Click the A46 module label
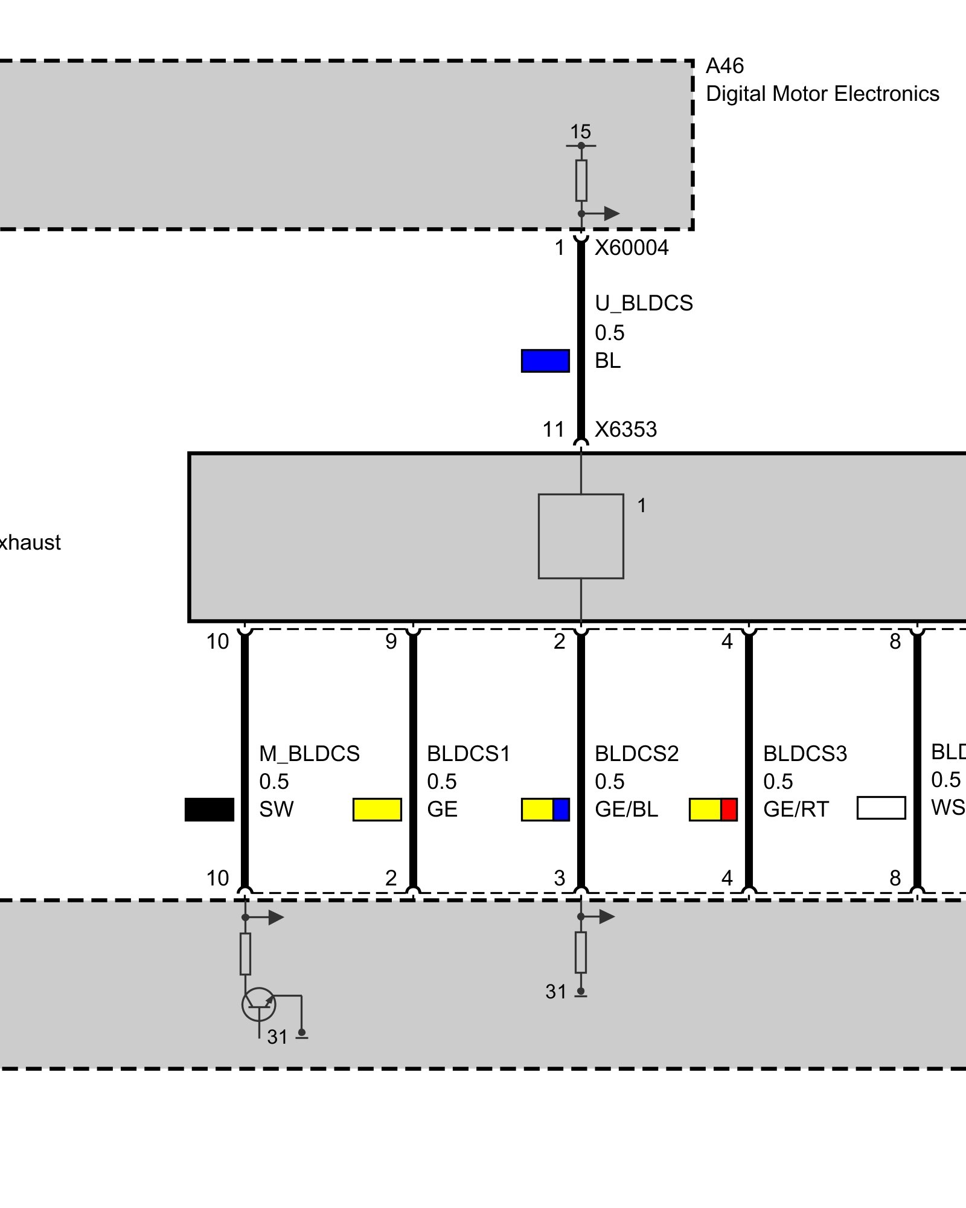pyautogui.click(x=724, y=66)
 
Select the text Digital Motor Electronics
pyautogui.click(x=822, y=94)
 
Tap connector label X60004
pyautogui.click(x=632, y=248)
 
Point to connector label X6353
pyautogui.click(x=625, y=429)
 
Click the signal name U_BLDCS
pyautogui.click(x=644, y=303)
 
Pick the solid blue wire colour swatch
pyautogui.click(x=545, y=361)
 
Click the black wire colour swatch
pyautogui.click(x=209, y=809)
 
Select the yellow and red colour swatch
pyautogui.click(x=713, y=809)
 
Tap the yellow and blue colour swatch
pyautogui.click(x=545, y=809)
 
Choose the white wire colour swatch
pyautogui.click(x=881, y=808)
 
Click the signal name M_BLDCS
pyautogui.click(x=309, y=754)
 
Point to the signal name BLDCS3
pyautogui.click(x=805, y=754)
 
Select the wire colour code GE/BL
pyautogui.click(x=626, y=809)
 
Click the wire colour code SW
pyautogui.click(x=276, y=809)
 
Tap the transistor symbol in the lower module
pyautogui.click(x=258, y=1004)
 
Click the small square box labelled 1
pyautogui.click(x=581, y=536)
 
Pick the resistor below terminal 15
pyautogui.click(x=581, y=180)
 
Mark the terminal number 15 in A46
pyautogui.click(x=580, y=132)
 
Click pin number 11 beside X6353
pyautogui.click(x=553, y=429)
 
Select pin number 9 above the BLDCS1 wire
pyautogui.click(x=391, y=641)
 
